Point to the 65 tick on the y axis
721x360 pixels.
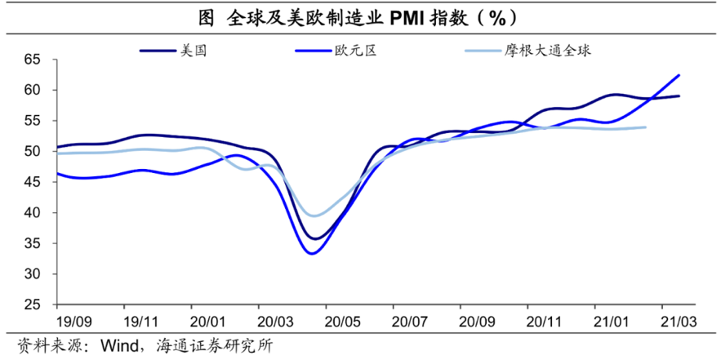point(32,59)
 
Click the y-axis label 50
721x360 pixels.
point(32,151)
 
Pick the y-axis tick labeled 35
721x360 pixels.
point(32,243)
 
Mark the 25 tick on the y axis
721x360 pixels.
point(32,304)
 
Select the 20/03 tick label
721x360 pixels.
point(274,320)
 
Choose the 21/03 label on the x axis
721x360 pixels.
point(677,320)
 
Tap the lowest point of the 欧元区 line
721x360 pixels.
point(311,253)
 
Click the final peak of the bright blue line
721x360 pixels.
point(679,75)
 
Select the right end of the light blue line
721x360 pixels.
point(646,127)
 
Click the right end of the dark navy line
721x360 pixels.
point(679,96)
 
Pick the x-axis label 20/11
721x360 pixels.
point(543,320)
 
